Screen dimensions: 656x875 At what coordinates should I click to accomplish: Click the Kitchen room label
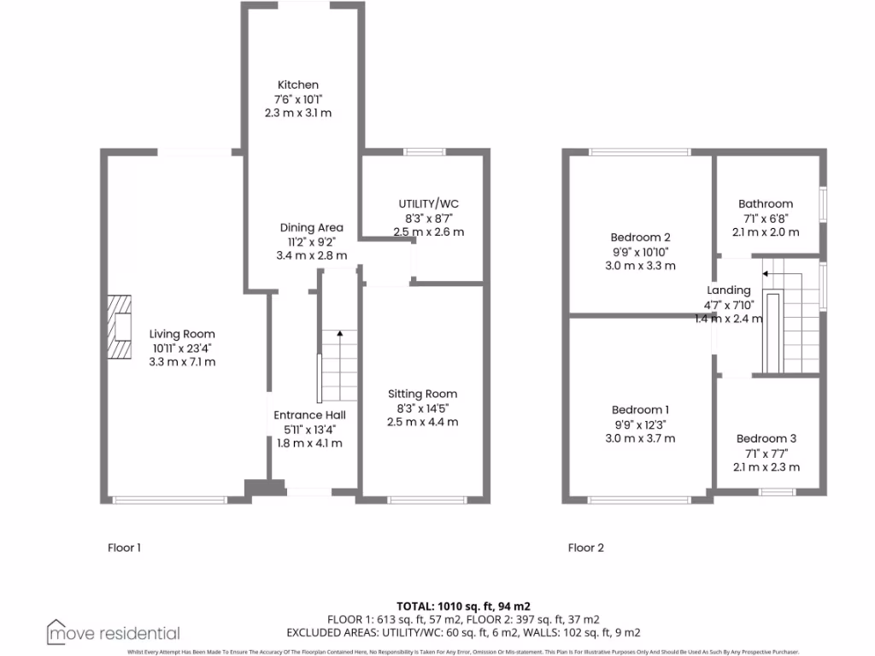coord(298,85)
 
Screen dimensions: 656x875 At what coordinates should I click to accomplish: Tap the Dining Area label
coord(312,227)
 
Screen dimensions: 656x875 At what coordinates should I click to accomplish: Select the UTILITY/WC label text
coord(428,203)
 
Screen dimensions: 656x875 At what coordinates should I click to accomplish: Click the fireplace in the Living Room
coord(120,329)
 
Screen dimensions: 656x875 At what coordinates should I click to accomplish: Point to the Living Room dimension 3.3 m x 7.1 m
coord(182,361)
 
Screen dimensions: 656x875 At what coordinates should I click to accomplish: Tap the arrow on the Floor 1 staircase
coord(339,334)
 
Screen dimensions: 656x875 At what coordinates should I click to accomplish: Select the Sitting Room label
coord(422,394)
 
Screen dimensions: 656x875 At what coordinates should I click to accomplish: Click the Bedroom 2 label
coord(640,237)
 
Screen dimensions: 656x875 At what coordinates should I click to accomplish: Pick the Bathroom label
coord(766,204)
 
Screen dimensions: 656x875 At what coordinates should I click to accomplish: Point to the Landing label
coord(729,290)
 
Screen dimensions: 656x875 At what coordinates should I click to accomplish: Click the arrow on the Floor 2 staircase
coord(766,273)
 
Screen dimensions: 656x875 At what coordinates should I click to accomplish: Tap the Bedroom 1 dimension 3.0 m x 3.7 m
coord(640,438)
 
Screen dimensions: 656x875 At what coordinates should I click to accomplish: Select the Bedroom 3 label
coord(767,439)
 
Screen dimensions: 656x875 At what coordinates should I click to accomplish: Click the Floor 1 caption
coord(125,548)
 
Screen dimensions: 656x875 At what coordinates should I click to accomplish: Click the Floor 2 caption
coord(586,548)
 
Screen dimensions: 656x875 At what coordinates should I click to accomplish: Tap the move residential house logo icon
coord(57,632)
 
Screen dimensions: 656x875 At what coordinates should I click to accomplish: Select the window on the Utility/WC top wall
coord(425,152)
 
